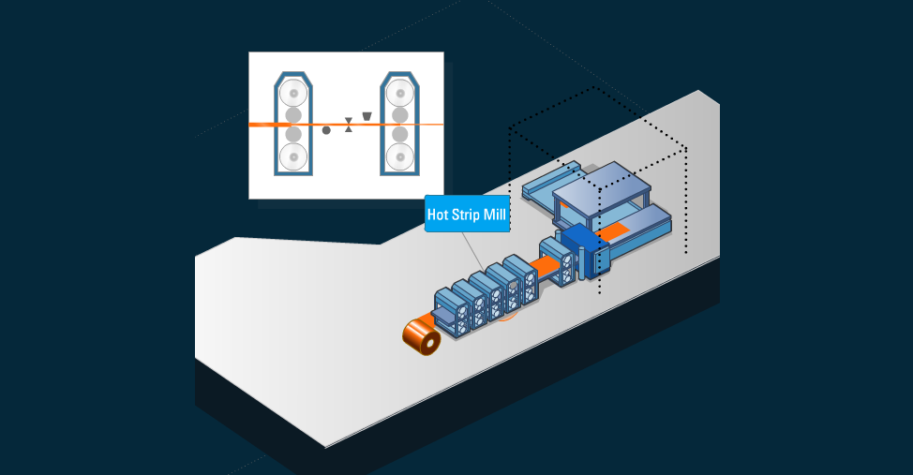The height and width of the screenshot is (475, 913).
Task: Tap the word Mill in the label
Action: [496, 215]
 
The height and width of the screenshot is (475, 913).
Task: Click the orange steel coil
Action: [423, 337]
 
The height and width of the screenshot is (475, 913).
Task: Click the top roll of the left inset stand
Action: [294, 94]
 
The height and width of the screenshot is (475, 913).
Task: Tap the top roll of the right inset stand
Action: [400, 94]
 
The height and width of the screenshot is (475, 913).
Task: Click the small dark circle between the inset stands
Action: [326, 130]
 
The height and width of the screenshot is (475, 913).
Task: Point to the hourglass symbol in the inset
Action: [349, 125]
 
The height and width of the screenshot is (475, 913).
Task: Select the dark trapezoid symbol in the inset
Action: [367, 116]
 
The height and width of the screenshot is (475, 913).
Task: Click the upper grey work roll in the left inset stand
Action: [294, 115]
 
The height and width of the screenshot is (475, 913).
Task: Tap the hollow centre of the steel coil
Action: [428, 344]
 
